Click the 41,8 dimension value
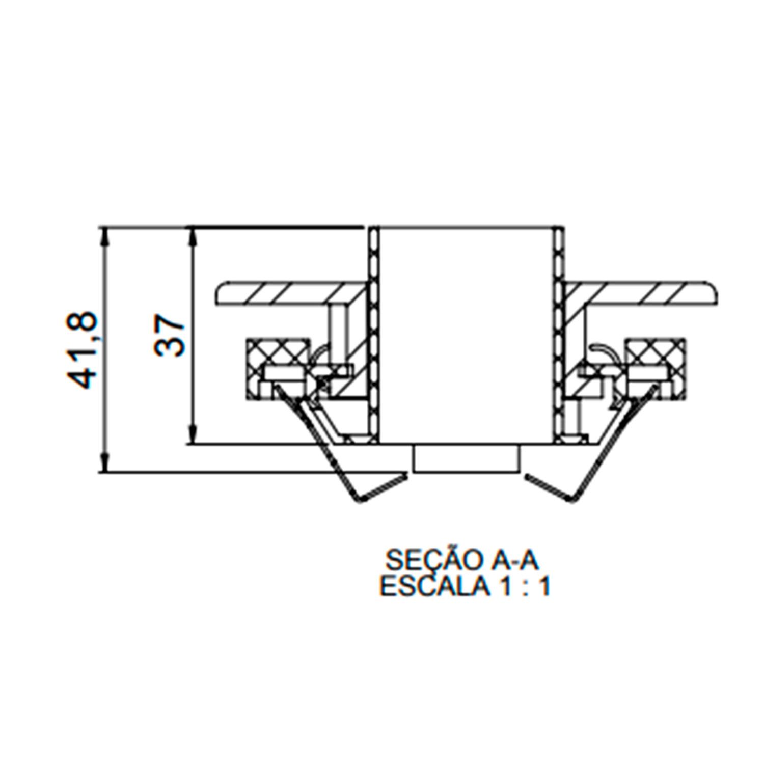pyautogui.click(x=81, y=350)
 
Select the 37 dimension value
pyautogui.click(x=169, y=336)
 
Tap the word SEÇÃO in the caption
pyautogui.click(x=431, y=560)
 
